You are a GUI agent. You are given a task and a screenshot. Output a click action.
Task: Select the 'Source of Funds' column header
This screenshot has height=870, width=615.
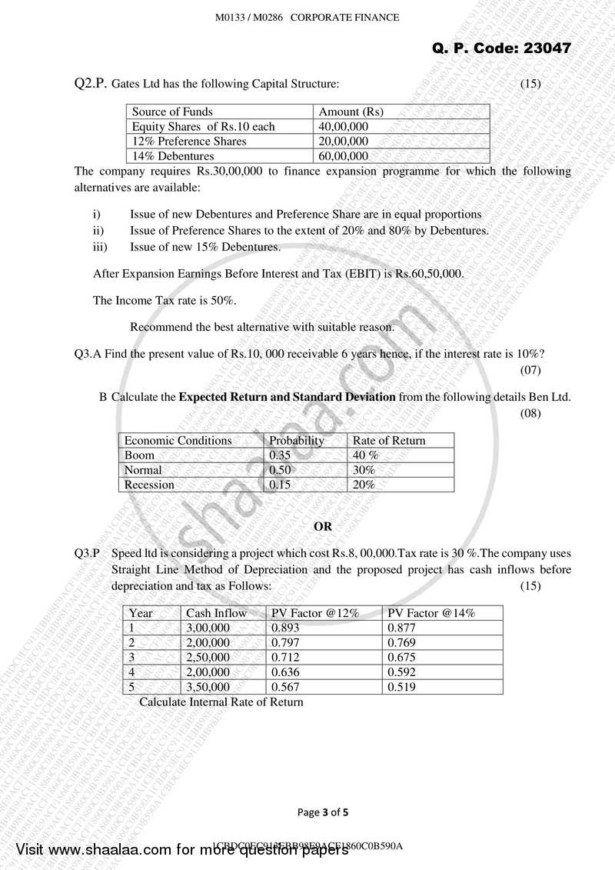pos(172,112)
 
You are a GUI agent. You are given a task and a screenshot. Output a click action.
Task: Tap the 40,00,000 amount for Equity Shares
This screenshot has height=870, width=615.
pos(344,126)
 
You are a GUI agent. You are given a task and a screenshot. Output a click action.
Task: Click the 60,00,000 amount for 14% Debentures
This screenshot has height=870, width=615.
pos(344,156)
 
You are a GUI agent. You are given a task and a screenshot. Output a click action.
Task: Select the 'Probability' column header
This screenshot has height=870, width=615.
pos(296,441)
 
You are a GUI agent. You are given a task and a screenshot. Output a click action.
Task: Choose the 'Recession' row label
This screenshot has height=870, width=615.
pos(149,485)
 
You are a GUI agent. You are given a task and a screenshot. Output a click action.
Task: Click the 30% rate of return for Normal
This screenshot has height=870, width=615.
pos(364,470)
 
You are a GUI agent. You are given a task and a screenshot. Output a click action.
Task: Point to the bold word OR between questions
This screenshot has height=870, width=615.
pos(324,527)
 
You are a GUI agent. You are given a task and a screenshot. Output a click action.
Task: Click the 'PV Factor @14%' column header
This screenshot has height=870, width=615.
pos(431,613)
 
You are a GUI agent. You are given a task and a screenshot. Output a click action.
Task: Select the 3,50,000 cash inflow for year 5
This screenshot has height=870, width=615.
pos(208,687)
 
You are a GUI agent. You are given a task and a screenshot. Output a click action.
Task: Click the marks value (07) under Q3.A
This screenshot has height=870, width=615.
pos(531,371)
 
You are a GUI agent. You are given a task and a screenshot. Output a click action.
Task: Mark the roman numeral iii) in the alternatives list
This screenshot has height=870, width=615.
pos(101,248)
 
